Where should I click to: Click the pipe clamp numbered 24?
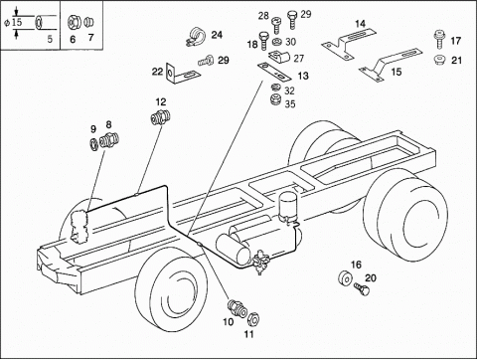coord(195,37)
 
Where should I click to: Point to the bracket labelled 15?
coord(391,64)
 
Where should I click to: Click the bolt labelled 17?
coord(439,39)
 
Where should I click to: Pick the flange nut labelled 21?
coord(439,60)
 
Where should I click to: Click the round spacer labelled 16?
coord(345,277)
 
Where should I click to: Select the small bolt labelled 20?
coord(362,288)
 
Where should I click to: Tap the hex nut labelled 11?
coord(253,319)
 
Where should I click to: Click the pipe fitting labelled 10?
coord(238,308)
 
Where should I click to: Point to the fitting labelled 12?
coord(161,117)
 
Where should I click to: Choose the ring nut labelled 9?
coord(94,144)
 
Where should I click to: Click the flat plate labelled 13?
coord(274,72)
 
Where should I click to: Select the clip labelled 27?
coord(279,57)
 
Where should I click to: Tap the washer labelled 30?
coord(276,42)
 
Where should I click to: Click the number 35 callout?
coord(290,103)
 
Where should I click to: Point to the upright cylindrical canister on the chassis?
coord(287,207)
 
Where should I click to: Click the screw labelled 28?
coord(276,26)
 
